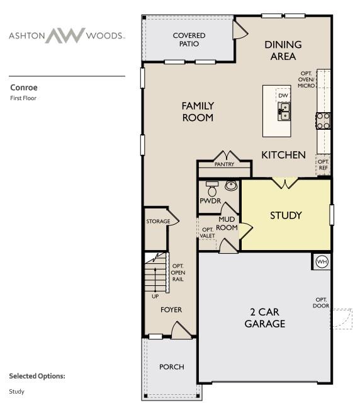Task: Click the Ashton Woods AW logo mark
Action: pyautogui.click(x=65, y=35)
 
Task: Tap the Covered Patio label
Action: pyautogui.click(x=189, y=40)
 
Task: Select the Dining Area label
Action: pyautogui.click(x=283, y=50)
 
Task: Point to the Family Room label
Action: pyautogui.click(x=198, y=111)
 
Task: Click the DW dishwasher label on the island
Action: pyautogui.click(x=284, y=96)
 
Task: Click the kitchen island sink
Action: pyautogui.click(x=284, y=111)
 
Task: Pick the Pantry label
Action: pyautogui.click(x=224, y=164)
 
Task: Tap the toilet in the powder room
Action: pyautogui.click(x=212, y=189)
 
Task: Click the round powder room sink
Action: pyautogui.click(x=230, y=186)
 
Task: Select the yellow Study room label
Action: pyautogui.click(x=286, y=215)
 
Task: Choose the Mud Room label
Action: pyautogui.click(x=227, y=224)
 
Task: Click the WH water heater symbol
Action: pyautogui.click(x=322, y=261)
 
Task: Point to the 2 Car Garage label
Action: pyautogui.click(x=265, y=318)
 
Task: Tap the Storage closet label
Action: pyautogui.click(x=158, y=222)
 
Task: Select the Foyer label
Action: pyautogui.click(x=171, y=310)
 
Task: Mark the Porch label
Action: pyautogui.click(x=171, y=367)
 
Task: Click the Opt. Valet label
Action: pyautogui.click(x=208, y=232)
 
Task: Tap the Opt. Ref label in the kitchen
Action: pyautogui.click(x=323, y=164)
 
